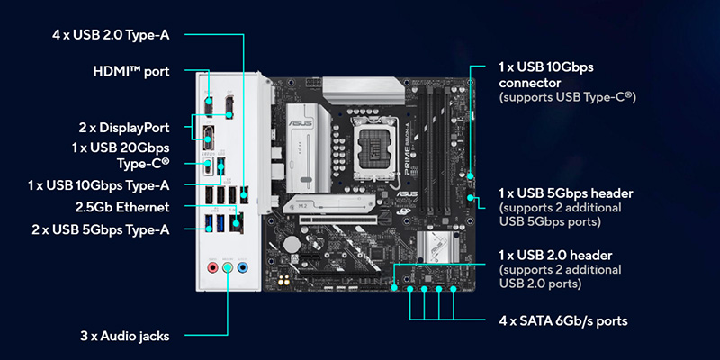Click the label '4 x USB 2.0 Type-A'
(111, 35)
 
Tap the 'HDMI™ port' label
(131, 72)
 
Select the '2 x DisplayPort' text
(124, 128)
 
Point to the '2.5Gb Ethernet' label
(122, 207)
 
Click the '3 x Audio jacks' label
(125, 336)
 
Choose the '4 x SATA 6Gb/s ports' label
(563, 320)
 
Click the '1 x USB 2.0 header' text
(555, 255)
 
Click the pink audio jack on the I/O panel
(212, 266)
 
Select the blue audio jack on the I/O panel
(243, 266)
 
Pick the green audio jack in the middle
(228, 266)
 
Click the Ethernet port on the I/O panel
(237, 221)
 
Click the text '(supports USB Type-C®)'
(568, 97)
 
